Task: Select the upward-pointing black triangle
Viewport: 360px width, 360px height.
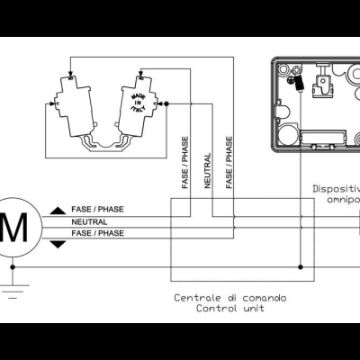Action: tap(58, 210)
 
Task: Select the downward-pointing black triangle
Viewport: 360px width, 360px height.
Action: tap(58, 244)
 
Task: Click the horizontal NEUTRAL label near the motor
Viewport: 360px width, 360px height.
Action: tap(89, 221)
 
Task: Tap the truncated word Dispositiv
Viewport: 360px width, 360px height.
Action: tap(336, 189)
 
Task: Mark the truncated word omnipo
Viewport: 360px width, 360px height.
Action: tap(342, 201)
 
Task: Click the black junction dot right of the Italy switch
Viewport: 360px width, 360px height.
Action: tap(166, 104)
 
